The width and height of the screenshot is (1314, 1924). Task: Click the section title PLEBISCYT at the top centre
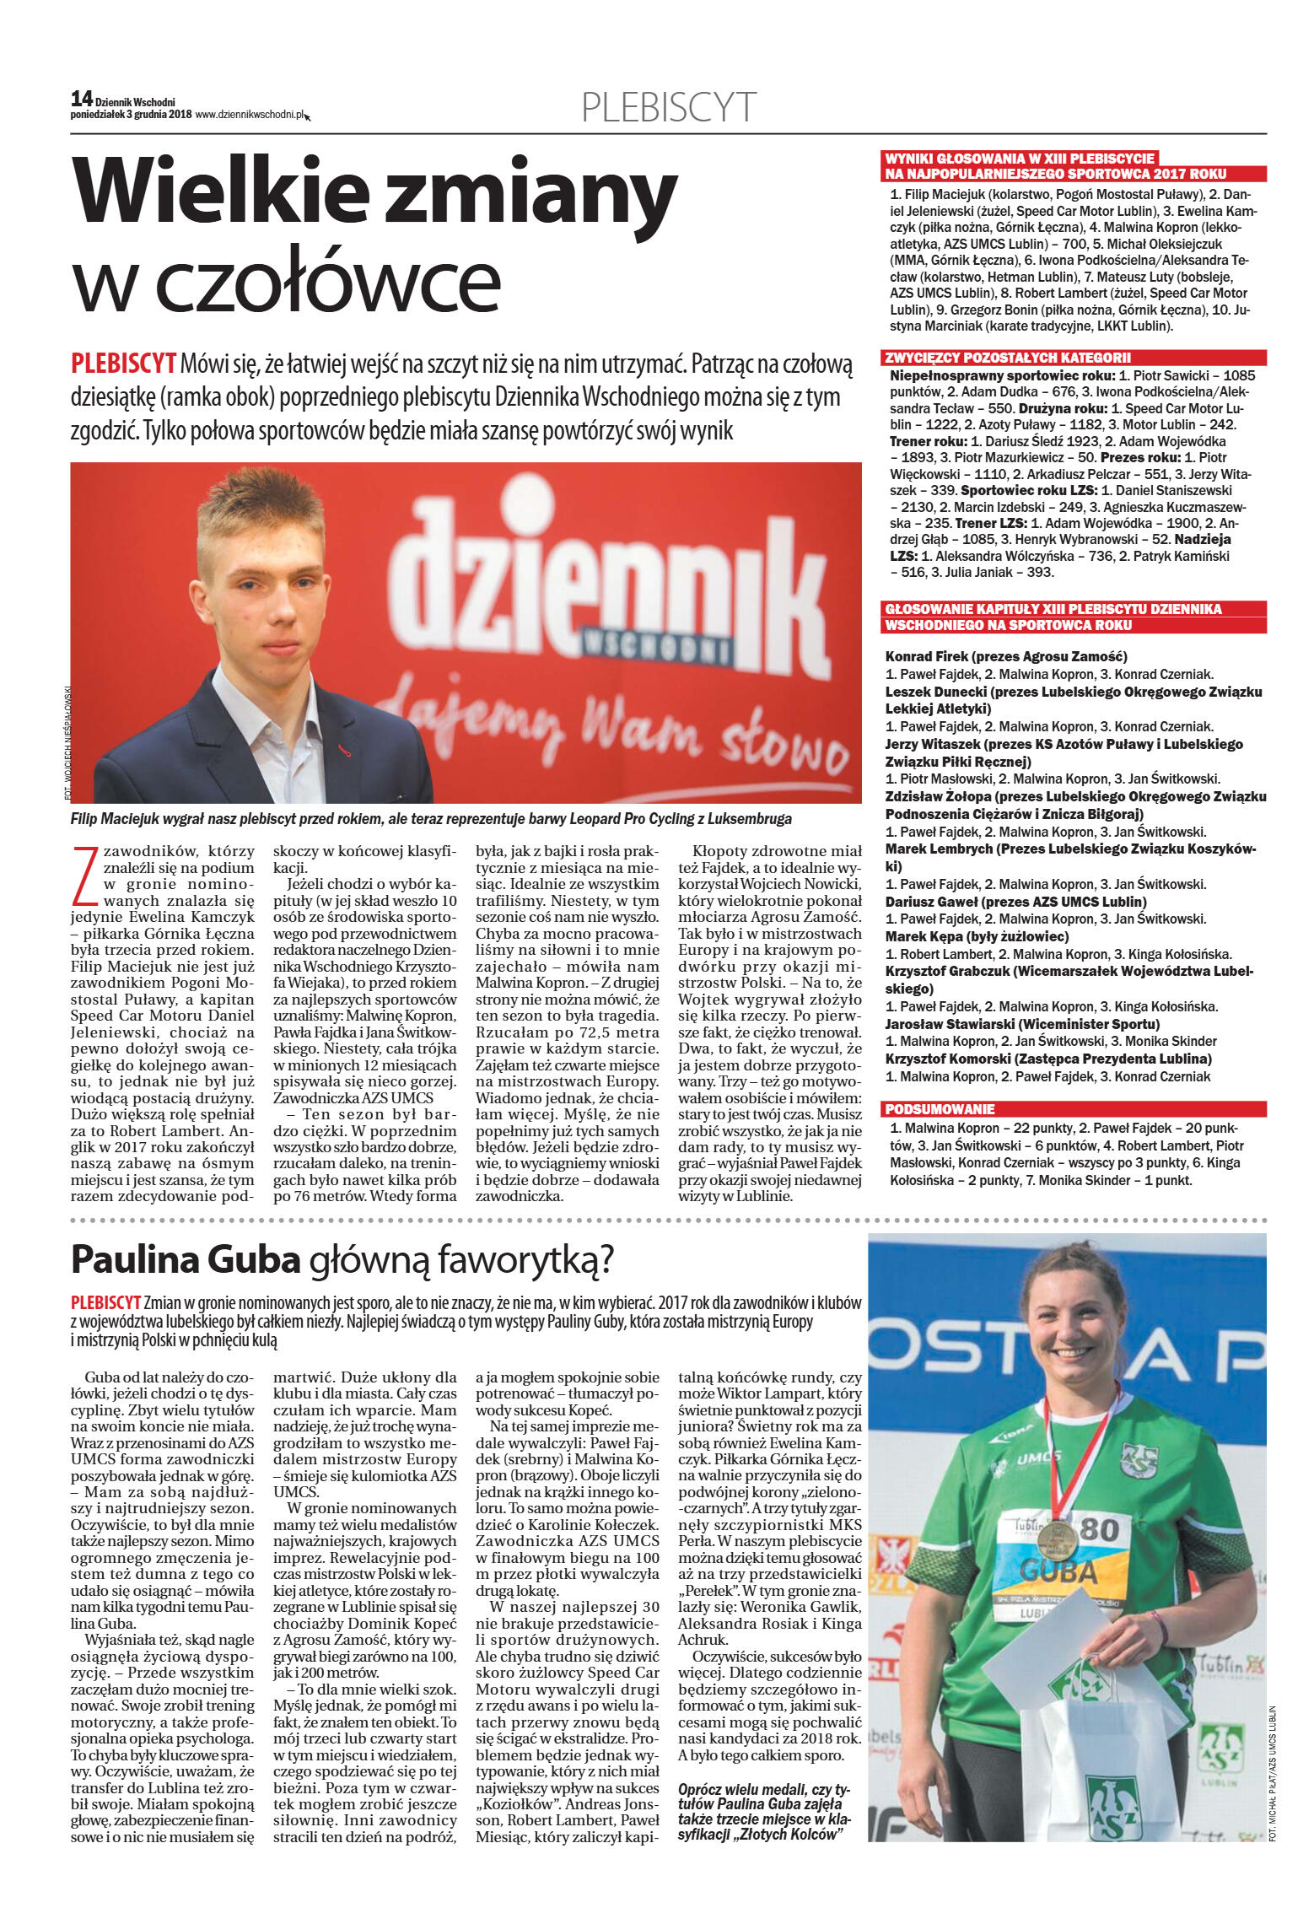(668, 108)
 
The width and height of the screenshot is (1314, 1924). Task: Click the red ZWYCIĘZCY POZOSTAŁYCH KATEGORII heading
(1007, 357)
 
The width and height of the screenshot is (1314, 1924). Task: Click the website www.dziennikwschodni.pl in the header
(249, 115)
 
